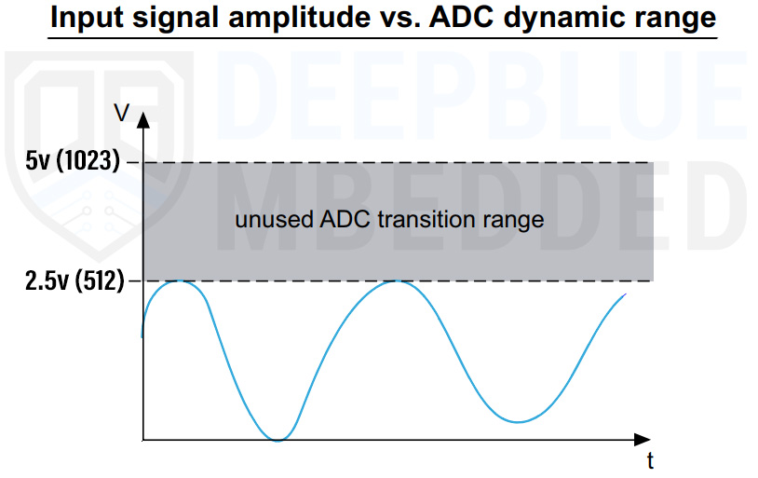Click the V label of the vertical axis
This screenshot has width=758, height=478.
[121, 114]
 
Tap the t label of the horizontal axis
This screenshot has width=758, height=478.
[650, 460]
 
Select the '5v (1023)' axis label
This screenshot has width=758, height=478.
[74, 161]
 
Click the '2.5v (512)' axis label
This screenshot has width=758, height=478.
[74, 280]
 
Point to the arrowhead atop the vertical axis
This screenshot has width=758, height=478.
[142, 118]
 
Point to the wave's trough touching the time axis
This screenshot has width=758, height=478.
[277, 440]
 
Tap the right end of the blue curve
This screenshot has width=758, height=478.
[625, 294]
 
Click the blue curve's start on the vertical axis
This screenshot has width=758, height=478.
[142, 335]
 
